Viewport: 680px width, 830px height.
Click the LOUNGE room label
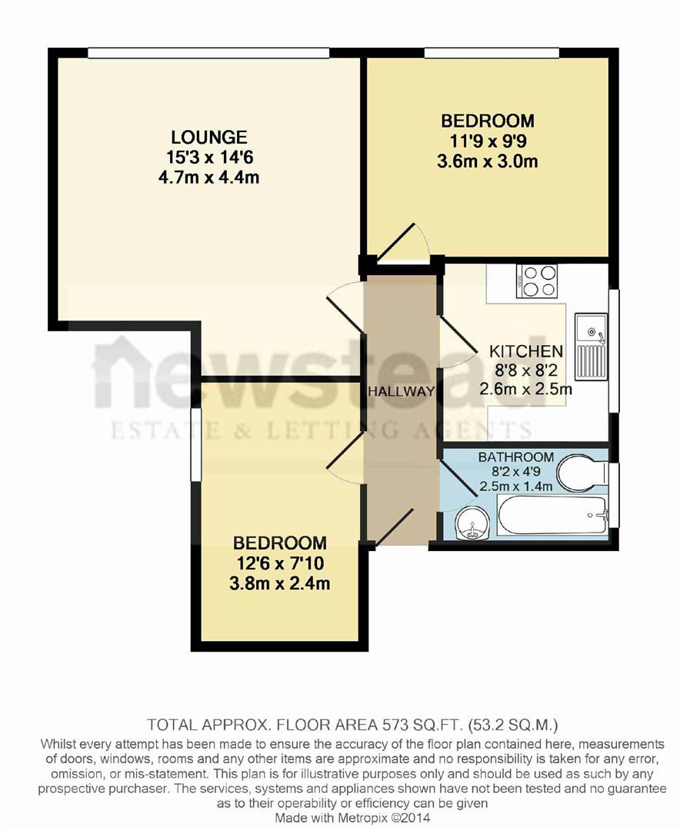[208, 138]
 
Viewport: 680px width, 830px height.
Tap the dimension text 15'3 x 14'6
[208, 158]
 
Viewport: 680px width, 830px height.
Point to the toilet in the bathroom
[582, 474]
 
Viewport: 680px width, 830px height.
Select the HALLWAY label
[401, 391]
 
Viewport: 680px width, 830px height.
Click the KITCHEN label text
[526, 351]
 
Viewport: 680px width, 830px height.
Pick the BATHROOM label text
[516, 457]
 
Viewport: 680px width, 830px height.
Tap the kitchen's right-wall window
[614, 350]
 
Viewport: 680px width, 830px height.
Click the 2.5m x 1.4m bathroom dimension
[516, 486]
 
